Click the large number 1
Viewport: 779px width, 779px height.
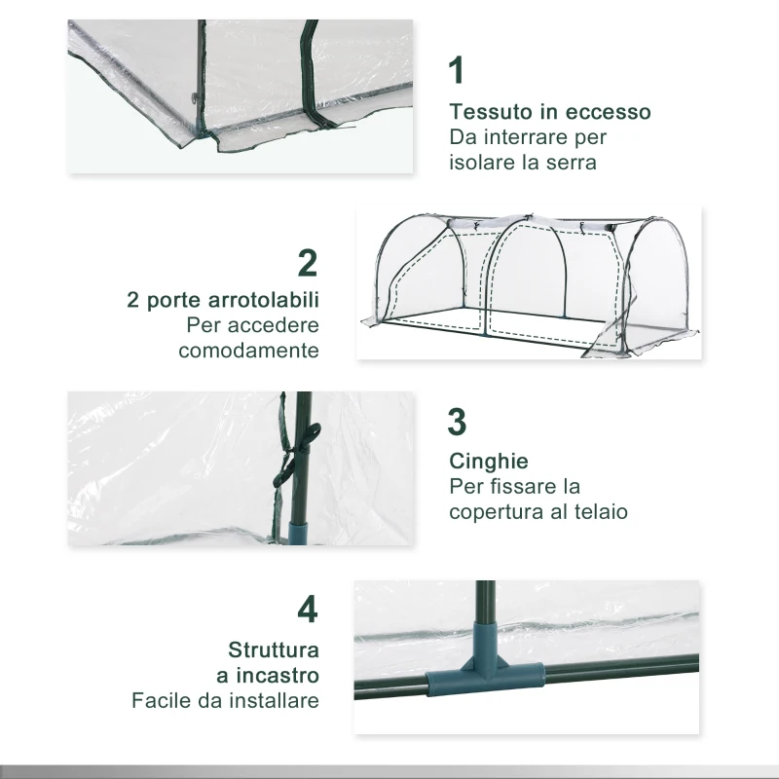point(457,71)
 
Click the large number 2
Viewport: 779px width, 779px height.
point(308,262)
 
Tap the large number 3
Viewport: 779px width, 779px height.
point(458,423)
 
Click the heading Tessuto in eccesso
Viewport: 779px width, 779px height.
point(549,112)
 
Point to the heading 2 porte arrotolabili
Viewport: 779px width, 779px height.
point(223,299)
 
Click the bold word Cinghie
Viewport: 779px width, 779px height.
point(488,460)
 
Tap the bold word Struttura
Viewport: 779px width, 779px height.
point(274,649)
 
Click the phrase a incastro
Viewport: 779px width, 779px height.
point(268,674)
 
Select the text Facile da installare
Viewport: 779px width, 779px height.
point(225,700)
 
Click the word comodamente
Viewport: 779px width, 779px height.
point(248,351)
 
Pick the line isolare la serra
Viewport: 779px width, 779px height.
point(522,163)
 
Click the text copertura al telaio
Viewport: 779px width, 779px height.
point(538,510)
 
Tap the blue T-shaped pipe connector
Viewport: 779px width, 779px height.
point(482,672)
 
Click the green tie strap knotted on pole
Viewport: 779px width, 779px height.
point(286,458)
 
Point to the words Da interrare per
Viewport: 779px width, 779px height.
point(528,137)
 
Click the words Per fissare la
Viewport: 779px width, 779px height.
point(514,485)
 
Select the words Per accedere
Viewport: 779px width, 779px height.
point(253,324)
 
